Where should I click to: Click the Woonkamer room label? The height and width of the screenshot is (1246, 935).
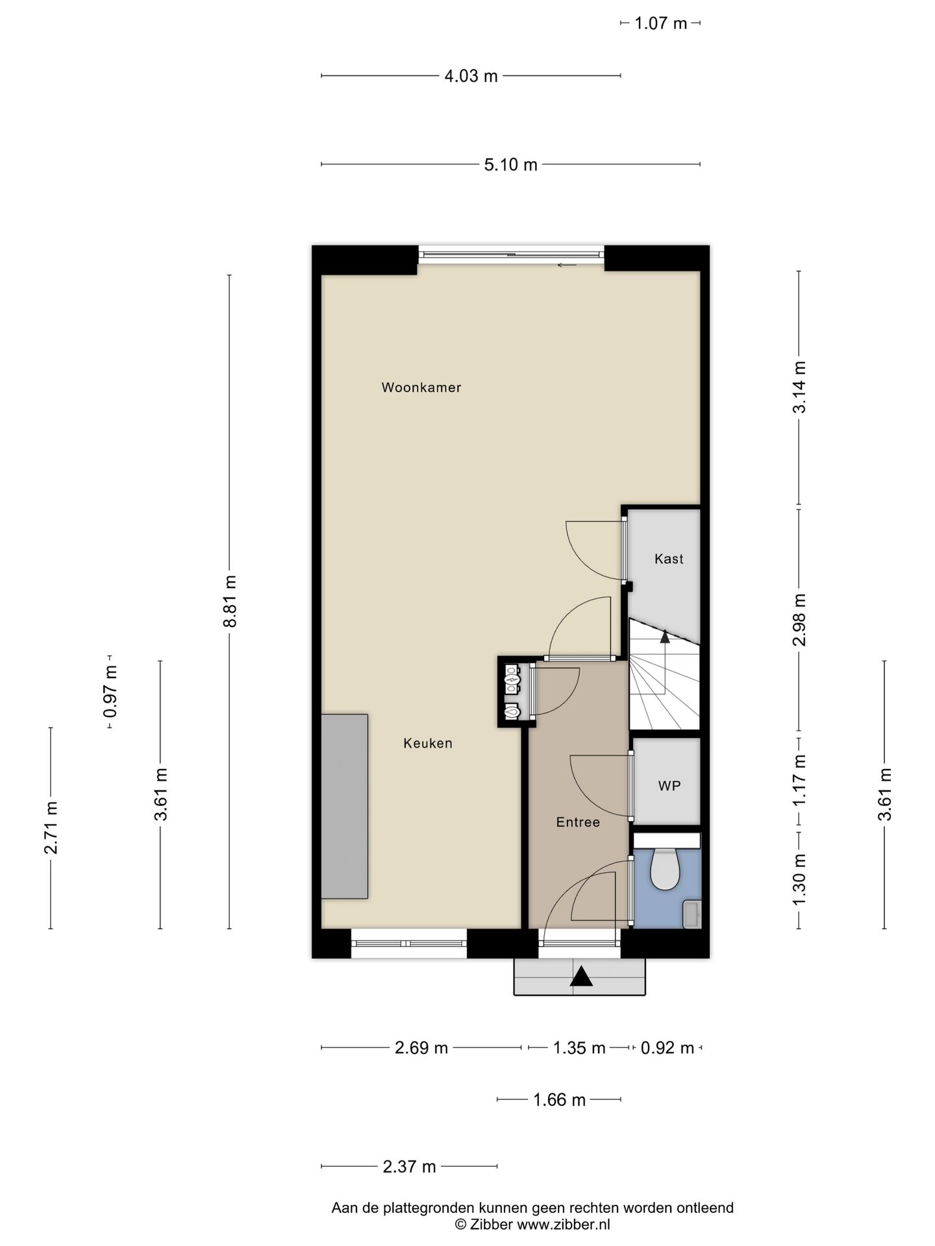[421, 387]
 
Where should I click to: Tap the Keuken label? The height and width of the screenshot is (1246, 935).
[427, 743]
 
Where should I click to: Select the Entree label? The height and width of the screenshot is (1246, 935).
[578, 822]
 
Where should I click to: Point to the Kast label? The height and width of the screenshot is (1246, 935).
[669, 559]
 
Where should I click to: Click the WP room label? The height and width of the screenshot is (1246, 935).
[669, 786]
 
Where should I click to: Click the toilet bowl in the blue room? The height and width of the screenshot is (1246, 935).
[665, 870]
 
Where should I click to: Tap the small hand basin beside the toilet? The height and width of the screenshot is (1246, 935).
[692, 914]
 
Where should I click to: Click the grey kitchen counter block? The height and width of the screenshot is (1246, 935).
[345, 807]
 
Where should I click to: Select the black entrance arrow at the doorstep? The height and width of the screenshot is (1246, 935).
[581, 977]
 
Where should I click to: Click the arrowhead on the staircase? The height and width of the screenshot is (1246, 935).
[664, 636]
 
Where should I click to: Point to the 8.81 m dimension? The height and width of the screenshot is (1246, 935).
[229, 601]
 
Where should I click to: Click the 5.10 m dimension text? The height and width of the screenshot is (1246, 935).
[510, 165]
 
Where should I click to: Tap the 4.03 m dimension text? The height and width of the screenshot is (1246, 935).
[471, 77]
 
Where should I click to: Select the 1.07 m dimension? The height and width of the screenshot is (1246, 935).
[660, 24]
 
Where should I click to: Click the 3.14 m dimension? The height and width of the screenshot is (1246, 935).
[799, 387]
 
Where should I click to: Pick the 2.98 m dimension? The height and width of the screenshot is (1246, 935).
[799, 620]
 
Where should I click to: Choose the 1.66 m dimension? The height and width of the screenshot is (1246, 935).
[559, 1100]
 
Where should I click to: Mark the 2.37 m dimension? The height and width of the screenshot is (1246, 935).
[409, 1167]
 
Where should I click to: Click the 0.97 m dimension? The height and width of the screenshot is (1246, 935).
[110, 692]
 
